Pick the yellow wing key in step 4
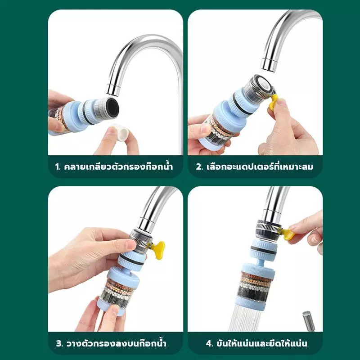[287, 234]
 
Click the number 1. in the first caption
[58, 166]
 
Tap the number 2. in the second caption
[199, 166]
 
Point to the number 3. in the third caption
[59, 343]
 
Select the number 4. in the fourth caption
[209, 343]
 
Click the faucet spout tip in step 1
[113, 90]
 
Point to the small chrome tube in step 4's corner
[308, 320]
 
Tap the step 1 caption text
[114, 166]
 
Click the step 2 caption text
[255, 166]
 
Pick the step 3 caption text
[111, 343]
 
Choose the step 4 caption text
[256, 343]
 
